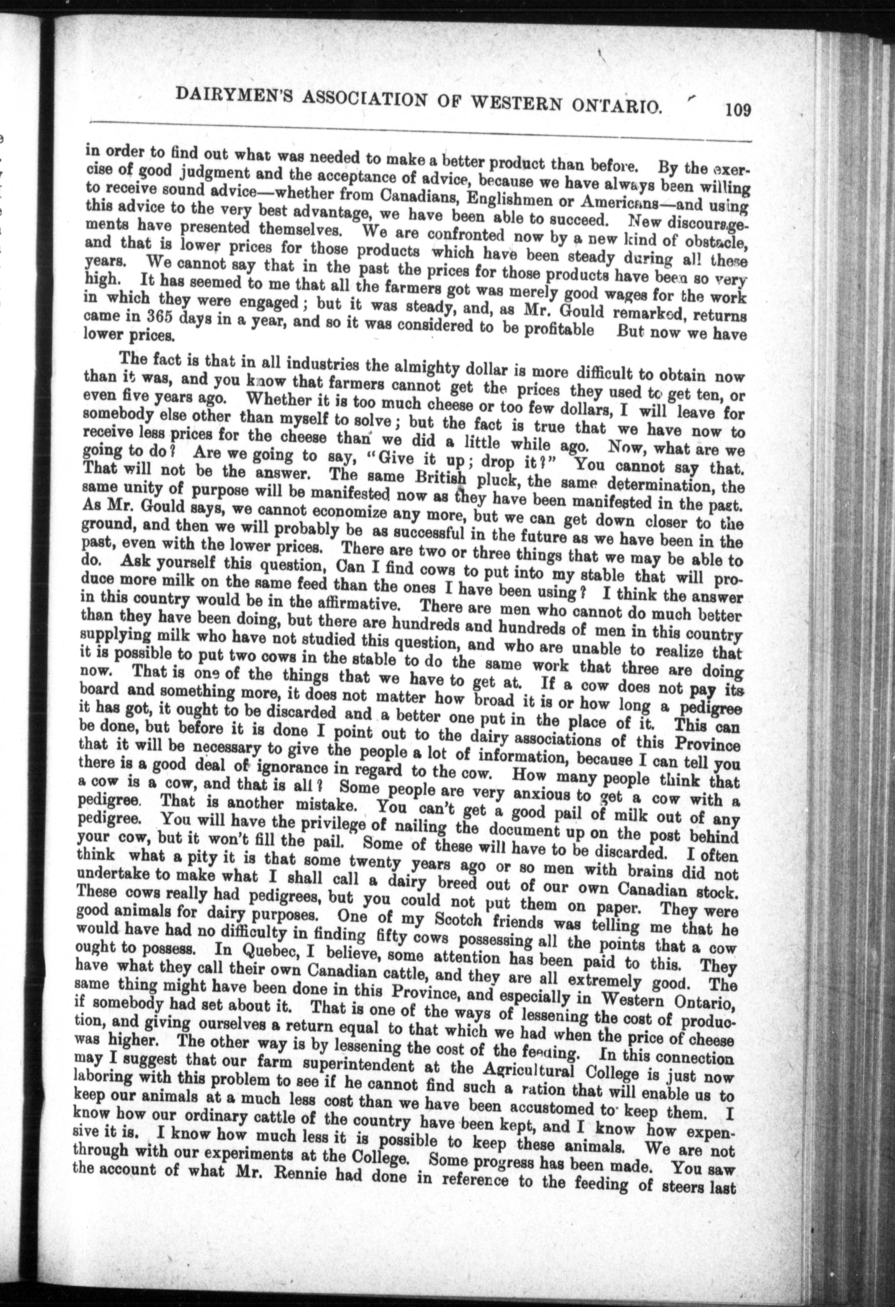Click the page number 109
[737, 109]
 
